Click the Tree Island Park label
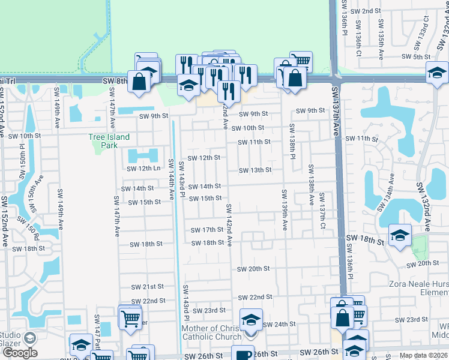coord(109,141)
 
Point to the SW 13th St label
coord(255,170)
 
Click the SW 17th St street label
coord(207,230)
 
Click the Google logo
coord(20,353)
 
